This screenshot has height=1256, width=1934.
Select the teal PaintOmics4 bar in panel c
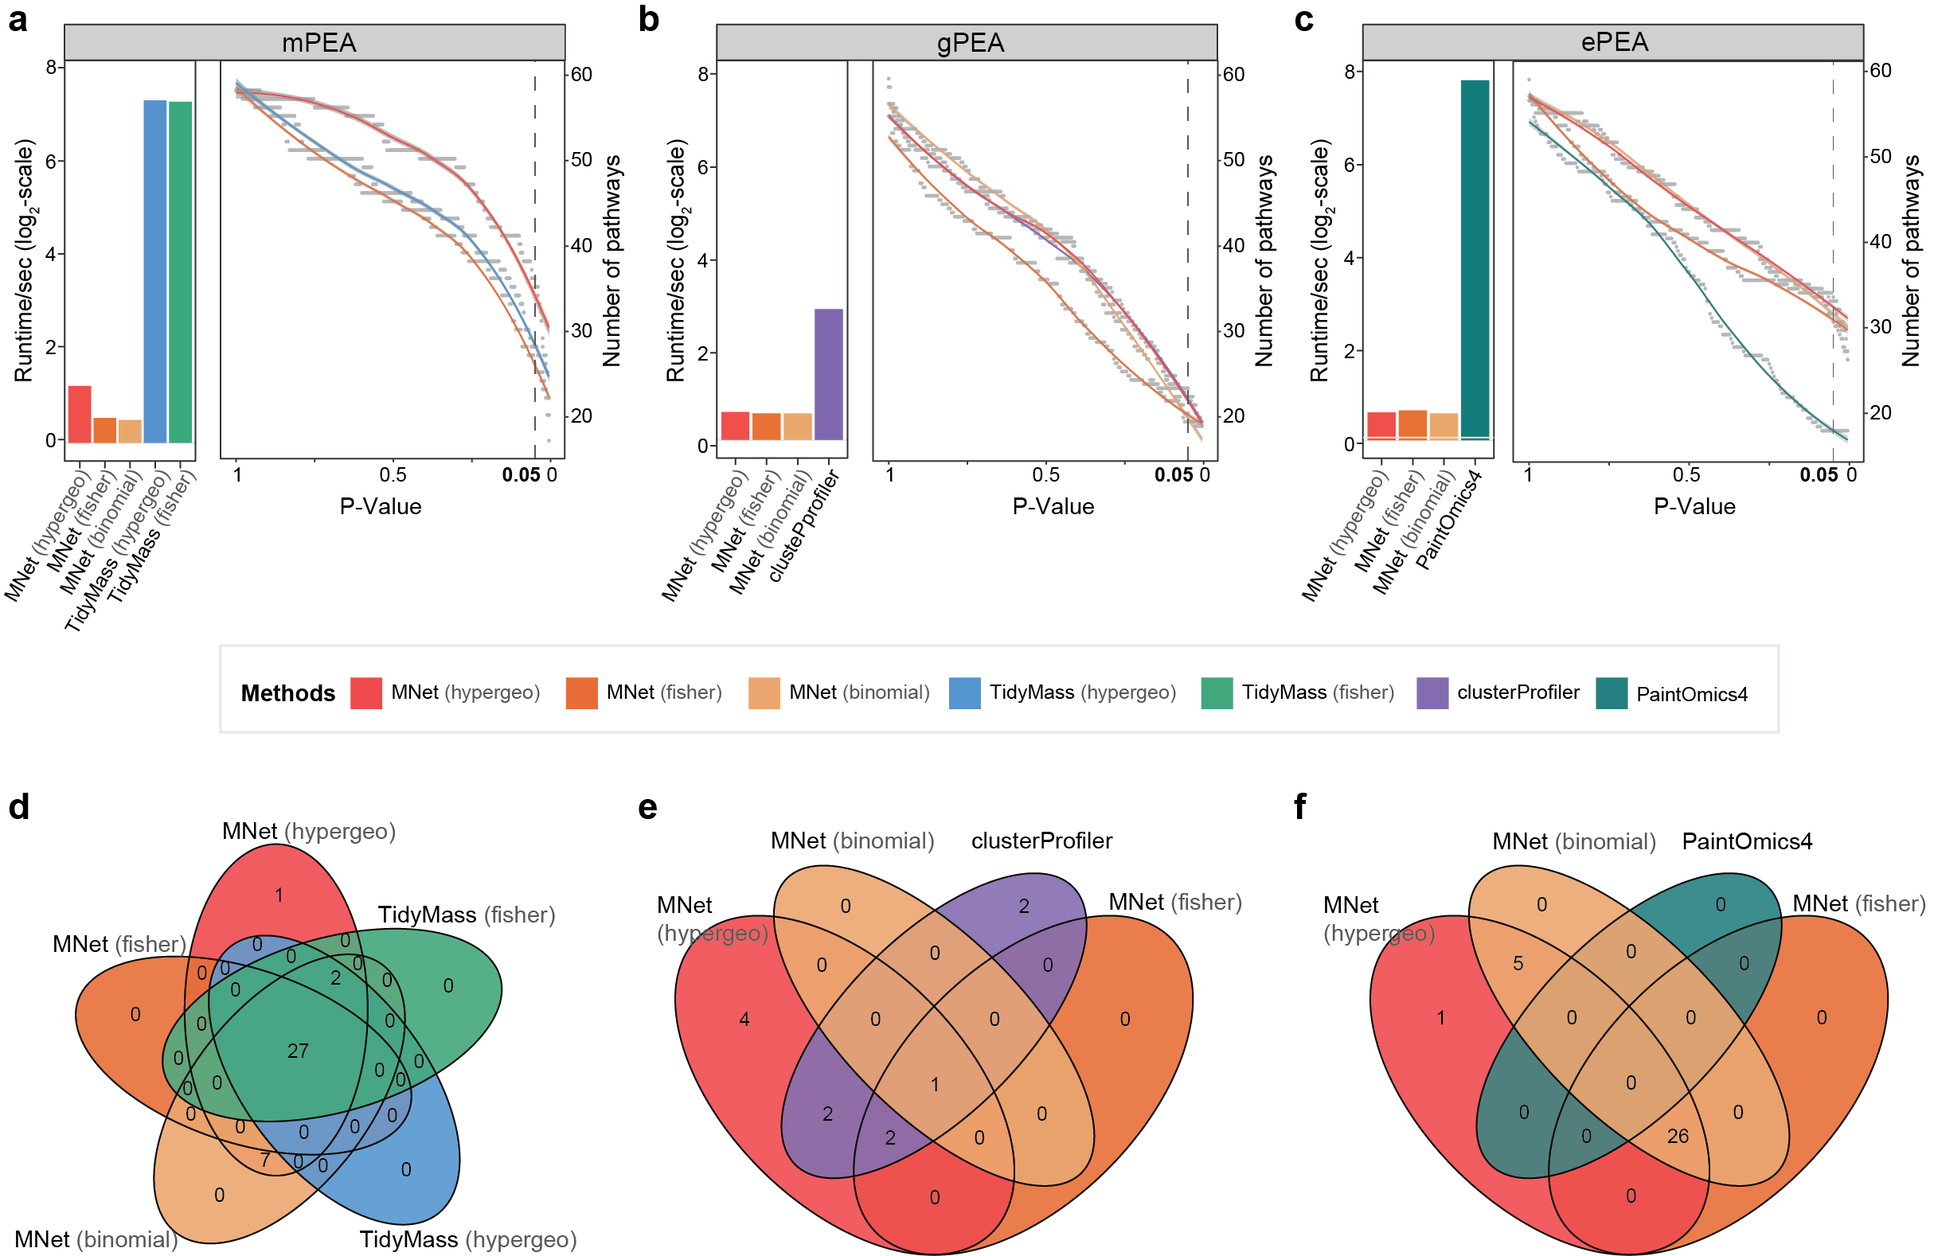(x=1474, y=260)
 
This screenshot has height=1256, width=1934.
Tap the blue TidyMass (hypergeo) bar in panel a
(x=155, y=271)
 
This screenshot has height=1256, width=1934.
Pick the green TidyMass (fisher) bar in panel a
(x=181, y=272)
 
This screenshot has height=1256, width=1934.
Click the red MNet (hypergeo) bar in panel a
(x=80, y=415)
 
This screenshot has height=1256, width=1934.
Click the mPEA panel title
(x=318, y=42)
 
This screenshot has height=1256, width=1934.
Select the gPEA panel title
(x=971, y=42)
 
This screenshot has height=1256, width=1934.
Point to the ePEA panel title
(x=1614, y=41)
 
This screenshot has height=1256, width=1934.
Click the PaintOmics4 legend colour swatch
(x=1611, y=693)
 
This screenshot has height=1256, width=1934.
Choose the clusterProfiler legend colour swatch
(x=1432, y=693)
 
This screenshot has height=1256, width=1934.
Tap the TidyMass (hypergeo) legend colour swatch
(x=964, y=693)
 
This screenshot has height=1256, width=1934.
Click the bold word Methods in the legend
(x=287, y=693)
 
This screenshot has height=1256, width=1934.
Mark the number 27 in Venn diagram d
(x=299, y=1051)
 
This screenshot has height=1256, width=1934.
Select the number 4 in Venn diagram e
(x=744, y=1019)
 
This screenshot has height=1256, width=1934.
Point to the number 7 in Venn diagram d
(x=265, y=1160)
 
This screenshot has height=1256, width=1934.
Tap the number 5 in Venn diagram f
(x=1518, y=964)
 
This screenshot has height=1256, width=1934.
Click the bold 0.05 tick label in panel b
(x=1174, y=474)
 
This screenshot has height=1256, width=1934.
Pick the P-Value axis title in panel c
(x=1694, y=506)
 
